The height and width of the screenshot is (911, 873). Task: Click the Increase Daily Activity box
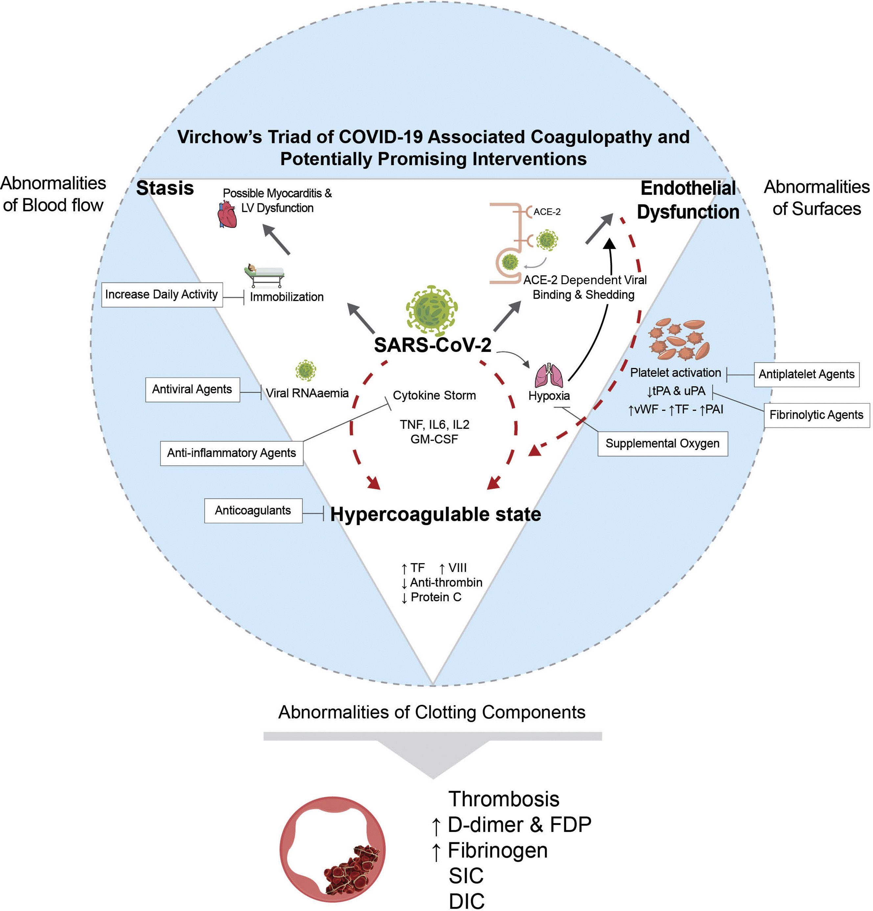tap(162, 295)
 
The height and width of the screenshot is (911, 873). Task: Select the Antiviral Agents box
tap(193, 390)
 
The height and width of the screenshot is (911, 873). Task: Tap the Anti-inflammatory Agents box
tap(232, 453)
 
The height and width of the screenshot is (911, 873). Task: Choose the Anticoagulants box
tap(253, 511)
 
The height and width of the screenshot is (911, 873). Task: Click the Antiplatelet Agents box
tap(806, 375)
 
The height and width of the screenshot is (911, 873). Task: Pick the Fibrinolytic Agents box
tap(816, 415)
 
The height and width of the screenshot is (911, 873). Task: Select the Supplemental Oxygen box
tap(662, 444)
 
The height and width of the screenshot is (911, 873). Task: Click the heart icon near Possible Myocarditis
tap(227, 214)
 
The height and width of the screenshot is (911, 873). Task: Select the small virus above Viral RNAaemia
tap(306, 371)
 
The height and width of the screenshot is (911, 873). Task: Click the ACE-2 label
tap(547, 212)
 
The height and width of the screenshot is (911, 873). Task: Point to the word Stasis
tap(165, 189)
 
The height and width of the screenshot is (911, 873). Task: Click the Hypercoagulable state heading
tap(436, 514)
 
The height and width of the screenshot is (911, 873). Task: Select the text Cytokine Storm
tap(434, 396)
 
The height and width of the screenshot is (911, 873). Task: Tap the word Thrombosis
tap(503, 799)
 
